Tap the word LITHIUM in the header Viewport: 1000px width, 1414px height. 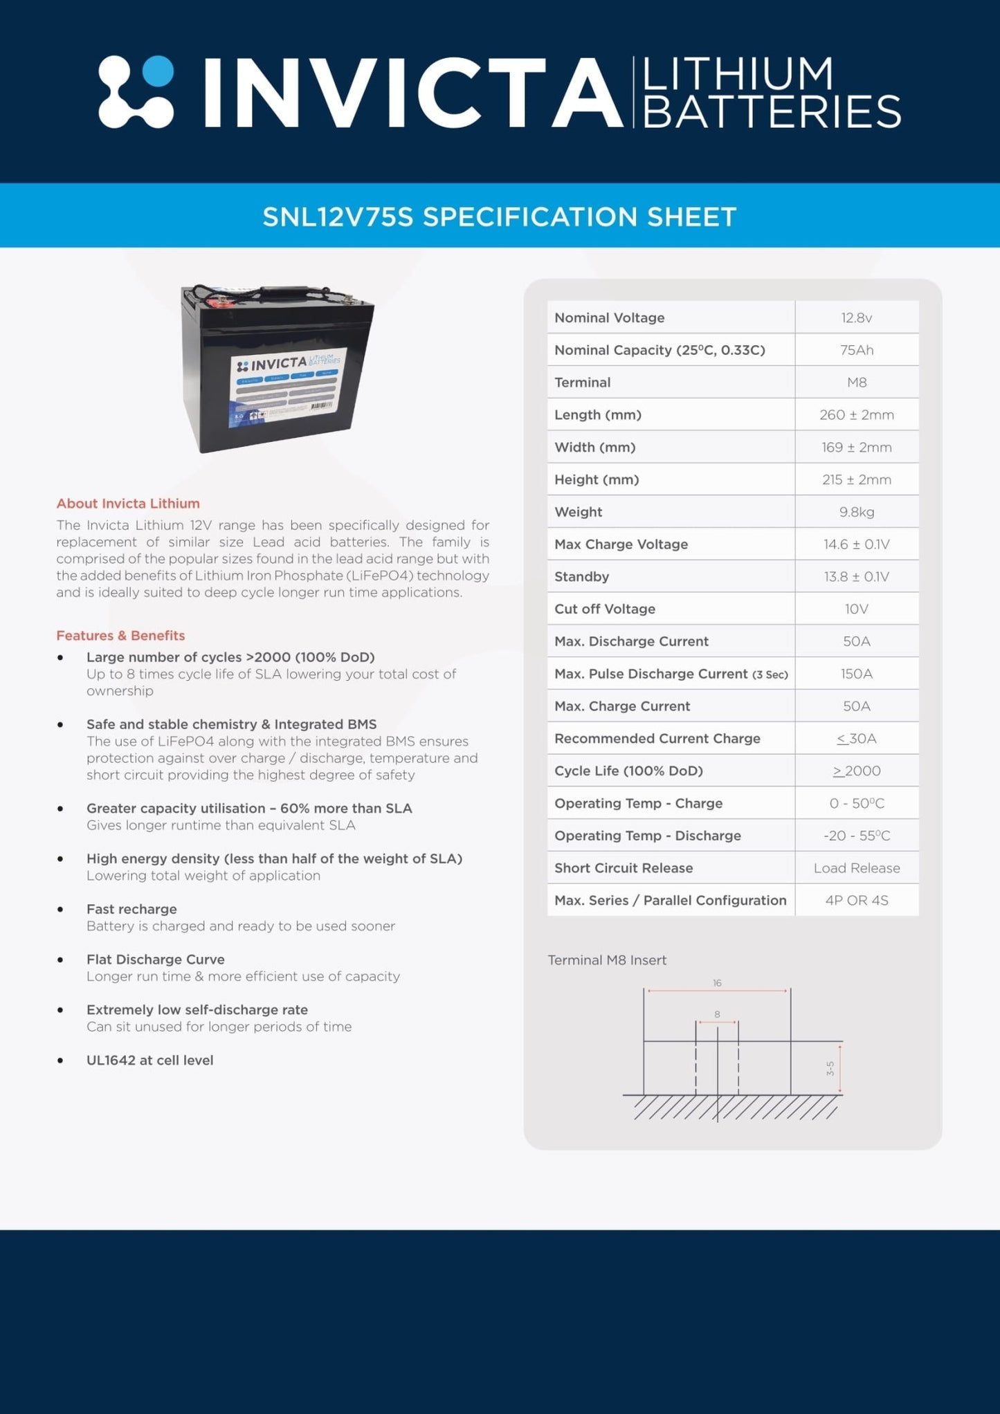(738, 75)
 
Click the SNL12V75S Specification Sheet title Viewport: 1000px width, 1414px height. (499, 217)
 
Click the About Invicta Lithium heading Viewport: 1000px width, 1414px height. (128, 504)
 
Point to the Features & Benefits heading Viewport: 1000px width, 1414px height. (120, 635)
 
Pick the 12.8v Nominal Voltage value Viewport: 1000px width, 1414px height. (856, 318)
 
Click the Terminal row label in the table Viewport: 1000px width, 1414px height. (582, 383)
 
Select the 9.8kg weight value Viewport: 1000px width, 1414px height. (856, 512)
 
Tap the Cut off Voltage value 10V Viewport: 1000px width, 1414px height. (856, 609)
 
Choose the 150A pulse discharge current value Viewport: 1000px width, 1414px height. (856, 674)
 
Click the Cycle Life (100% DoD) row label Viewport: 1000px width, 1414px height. (628, 771)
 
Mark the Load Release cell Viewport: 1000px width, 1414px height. (856, 868)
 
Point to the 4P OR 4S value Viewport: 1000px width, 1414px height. (856, 900)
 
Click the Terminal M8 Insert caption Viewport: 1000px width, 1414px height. (607, 960)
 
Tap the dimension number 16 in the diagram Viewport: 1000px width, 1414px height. (717, 983)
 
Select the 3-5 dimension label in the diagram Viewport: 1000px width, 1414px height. (830, 1069)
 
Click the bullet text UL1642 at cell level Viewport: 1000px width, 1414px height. (149, 1060)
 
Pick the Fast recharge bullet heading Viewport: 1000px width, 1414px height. (131, 909)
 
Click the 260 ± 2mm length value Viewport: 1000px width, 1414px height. (856, 415)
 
